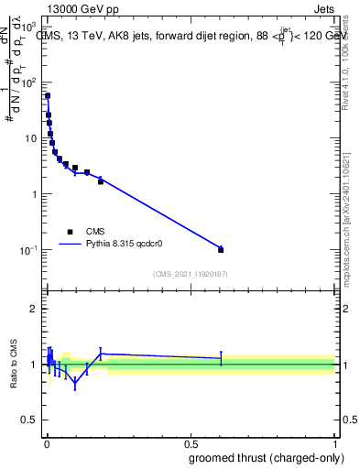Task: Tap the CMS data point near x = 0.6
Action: click(x=221, y=249)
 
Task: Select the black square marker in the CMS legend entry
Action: click(x=70, y=232)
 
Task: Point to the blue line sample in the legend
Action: click(x=70, y=245)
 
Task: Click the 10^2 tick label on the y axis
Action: click(x=29, y=82)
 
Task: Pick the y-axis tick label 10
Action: click(x=31, y=138)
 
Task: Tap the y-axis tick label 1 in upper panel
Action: click(x=35, y=194)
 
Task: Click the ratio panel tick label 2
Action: click(x=34, y=309)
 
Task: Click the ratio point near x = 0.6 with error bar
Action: click(x=221, y=358)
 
